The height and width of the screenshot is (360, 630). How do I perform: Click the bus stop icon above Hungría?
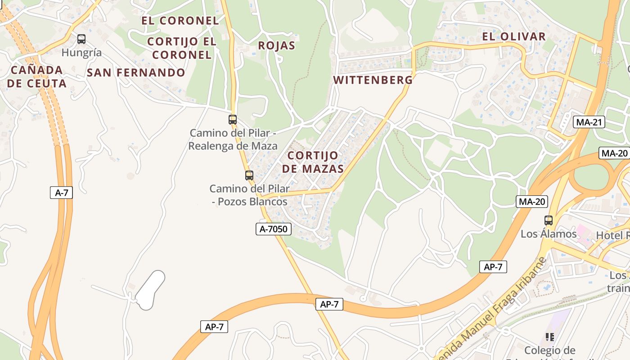tap(81, 39)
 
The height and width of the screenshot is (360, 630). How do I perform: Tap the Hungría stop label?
tap(81, 53)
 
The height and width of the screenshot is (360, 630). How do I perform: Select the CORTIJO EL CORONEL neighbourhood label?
tap(182, 48)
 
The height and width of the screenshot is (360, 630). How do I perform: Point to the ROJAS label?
tap(277, 45)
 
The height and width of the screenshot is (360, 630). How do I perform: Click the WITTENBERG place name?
tap(373, 80)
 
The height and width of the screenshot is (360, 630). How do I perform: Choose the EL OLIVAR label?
tap(514, 36)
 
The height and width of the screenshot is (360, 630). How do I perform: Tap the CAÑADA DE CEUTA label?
tap(37, 76)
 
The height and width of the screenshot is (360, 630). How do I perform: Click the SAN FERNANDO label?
tap(136, 72)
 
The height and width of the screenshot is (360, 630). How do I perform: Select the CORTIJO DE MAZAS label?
tap(315, 162)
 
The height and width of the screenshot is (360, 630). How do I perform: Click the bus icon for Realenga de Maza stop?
tap(233, 120)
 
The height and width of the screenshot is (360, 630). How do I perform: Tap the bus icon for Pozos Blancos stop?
tap(249, 175)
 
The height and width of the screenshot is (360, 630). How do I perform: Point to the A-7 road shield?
tap(61, 193)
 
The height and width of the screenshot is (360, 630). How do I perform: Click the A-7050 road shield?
tap(274, 229)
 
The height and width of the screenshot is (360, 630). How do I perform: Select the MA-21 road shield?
tap(589, 122)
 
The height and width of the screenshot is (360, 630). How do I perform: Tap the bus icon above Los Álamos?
tap(549, 220)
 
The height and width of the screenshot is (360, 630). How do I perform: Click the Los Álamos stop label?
tap(549, 234)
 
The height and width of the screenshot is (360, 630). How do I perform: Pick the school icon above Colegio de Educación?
tap(549, 337)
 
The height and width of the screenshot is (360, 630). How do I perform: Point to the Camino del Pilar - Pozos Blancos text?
tap(249, 195)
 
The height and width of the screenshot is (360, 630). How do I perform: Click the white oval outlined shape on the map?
tap(150, 290)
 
